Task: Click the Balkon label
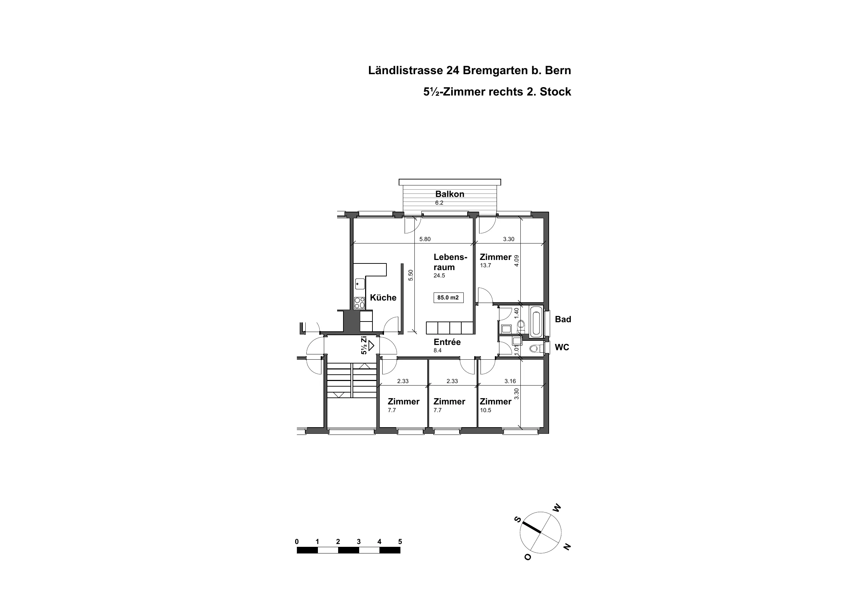pos(449,194)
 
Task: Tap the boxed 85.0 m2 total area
pos(448,298)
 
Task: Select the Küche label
pos(383,298)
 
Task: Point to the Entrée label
pos(447,342)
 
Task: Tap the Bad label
pos(563,319)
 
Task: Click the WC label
pos(562,347)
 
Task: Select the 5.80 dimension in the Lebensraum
pos(425,239)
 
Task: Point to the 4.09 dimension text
pos(517,261)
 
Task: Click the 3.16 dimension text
pos(510,381)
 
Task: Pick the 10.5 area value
pos(485,410)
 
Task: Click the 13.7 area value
pos(485,266)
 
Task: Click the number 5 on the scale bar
pos(400,542)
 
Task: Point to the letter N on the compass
pos(567,547)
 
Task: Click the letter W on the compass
pos(556,508)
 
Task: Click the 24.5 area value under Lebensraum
pos(439,276)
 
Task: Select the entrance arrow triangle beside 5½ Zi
pos(371,345)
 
